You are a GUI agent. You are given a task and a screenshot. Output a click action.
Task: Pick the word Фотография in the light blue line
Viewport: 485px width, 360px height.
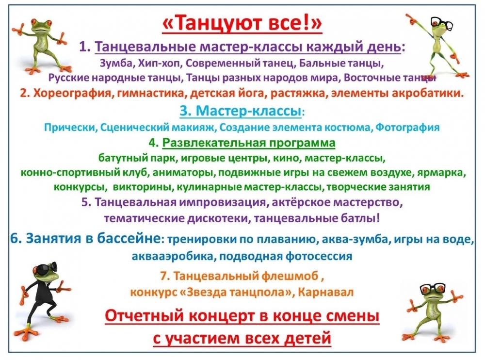[407, 128]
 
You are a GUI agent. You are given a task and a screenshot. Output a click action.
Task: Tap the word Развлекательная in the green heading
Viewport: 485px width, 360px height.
[214, 143]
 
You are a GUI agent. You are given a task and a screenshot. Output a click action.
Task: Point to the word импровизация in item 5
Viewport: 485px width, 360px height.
[223, 202]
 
